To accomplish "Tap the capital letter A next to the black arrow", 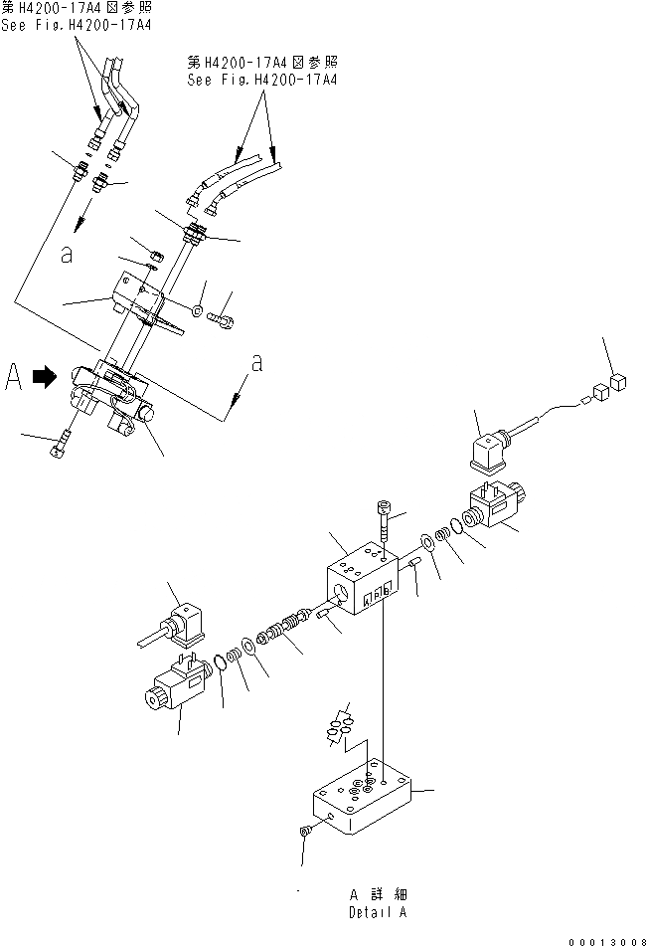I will pyautogui.click(x=14, y=377).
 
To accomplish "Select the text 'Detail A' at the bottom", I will pyautogui.click(x=377, y=911).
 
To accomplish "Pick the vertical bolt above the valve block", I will pyautogui.click(x=385, y=521).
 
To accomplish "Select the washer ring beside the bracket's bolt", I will pyautogui.click(x=200, y=312).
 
